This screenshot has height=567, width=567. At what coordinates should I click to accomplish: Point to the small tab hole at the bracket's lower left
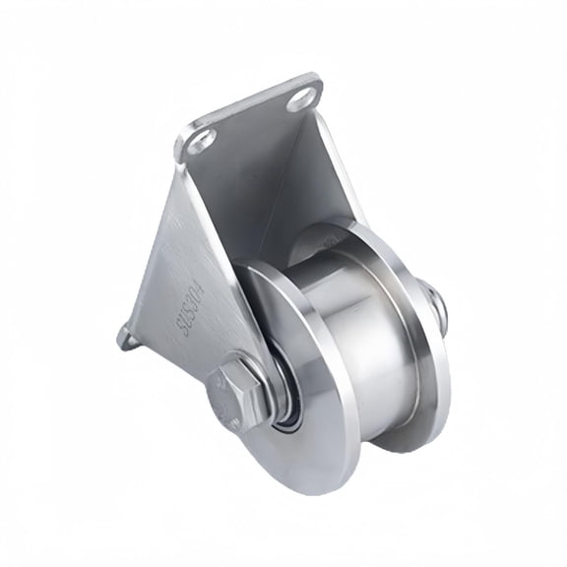[x=126, y=338]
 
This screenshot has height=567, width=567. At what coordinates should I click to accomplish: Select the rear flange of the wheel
[x=418, y=374]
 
